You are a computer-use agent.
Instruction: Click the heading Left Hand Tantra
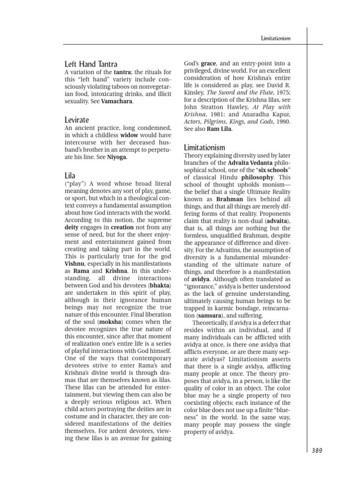[91, 64]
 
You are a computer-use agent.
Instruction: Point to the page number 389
[317, 450]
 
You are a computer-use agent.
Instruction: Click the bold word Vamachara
[117, 101]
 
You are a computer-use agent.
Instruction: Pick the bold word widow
[129, 136]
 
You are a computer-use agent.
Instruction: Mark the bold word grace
[208, 63]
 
